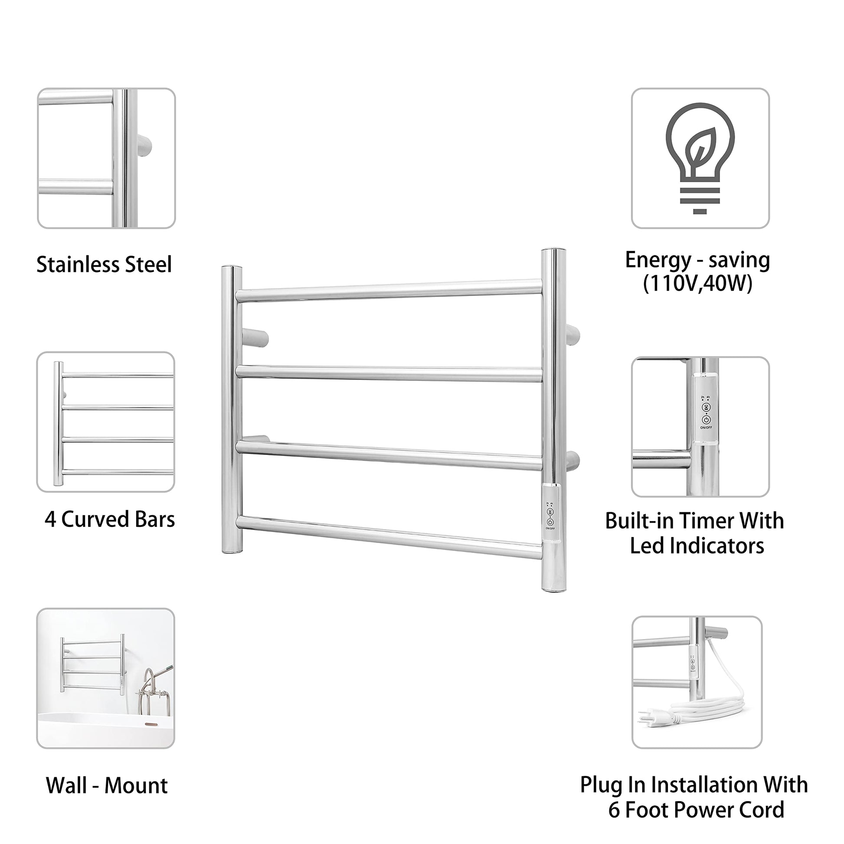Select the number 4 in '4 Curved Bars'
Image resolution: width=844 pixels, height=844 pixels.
pos(50,520)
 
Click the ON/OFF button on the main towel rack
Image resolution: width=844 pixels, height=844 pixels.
pos(550,522)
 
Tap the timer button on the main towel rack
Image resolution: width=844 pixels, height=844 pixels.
pos(550,511)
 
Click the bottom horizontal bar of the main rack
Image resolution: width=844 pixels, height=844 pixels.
pos(389,537)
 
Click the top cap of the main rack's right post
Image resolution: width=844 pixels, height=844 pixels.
pos(553,251)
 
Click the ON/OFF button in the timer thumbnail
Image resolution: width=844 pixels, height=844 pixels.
pos(706,420)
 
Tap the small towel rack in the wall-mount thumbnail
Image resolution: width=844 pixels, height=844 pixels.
pos(93,665)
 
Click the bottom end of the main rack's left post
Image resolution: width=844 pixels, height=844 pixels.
pos(232,551)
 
